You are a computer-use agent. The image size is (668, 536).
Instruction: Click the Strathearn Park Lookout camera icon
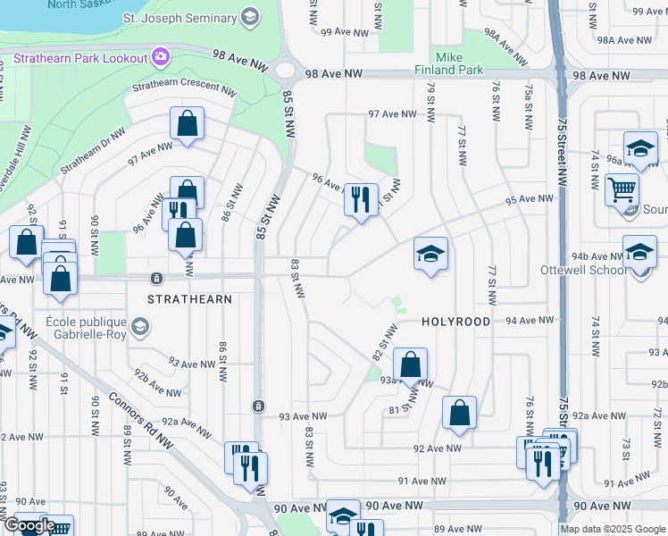point(161,57)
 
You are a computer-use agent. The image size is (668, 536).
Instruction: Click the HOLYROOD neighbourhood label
point(455,321)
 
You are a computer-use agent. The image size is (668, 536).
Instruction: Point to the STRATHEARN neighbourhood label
point(191,299)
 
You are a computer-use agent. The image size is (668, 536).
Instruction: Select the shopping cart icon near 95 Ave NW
point(622,188)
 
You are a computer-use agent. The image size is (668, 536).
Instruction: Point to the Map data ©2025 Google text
point(614,529)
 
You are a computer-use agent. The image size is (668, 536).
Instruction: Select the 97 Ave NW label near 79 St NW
point(394,114)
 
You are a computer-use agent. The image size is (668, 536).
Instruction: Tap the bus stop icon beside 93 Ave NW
point(257,406)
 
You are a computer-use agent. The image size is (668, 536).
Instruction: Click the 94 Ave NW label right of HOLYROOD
point(527,320)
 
